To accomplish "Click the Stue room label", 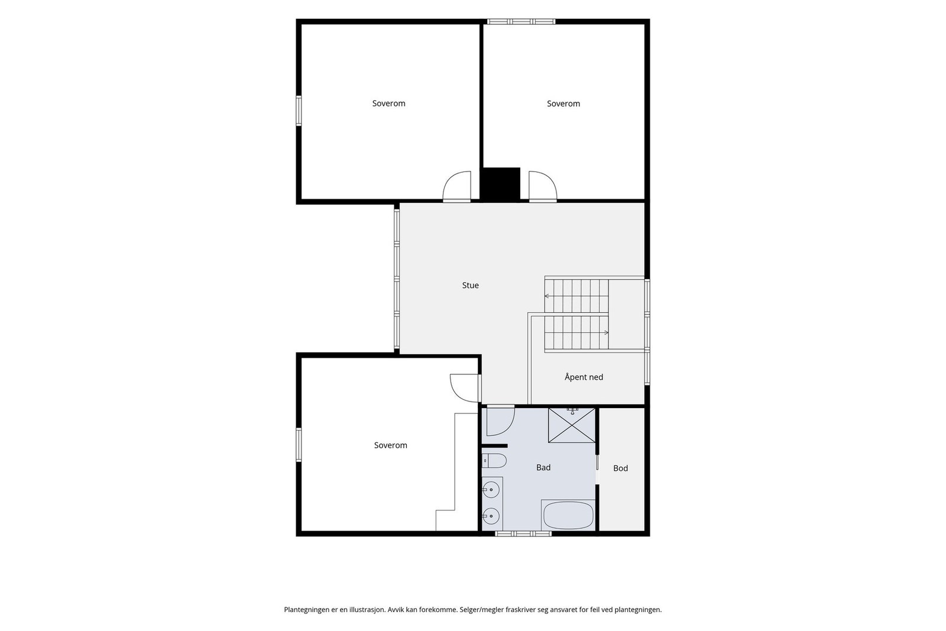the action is pos(470,286).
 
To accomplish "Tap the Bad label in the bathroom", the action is pos(543,468).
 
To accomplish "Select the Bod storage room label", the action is pos(620,468).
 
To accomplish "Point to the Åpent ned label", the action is pos(584,377).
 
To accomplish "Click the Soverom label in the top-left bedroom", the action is pos(388,103).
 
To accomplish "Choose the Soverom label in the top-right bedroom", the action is pos(563,104).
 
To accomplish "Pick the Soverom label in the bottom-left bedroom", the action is pos(391,445).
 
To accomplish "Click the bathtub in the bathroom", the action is pos(568,515).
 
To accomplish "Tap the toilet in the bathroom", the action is pos(494,461).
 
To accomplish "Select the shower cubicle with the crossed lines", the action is pos(571,425).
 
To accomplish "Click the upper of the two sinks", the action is pos(491,490).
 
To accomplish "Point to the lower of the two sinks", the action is pos(491,516).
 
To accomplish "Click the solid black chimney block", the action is pos(501,184).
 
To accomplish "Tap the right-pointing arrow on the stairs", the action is pos(606,332).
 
